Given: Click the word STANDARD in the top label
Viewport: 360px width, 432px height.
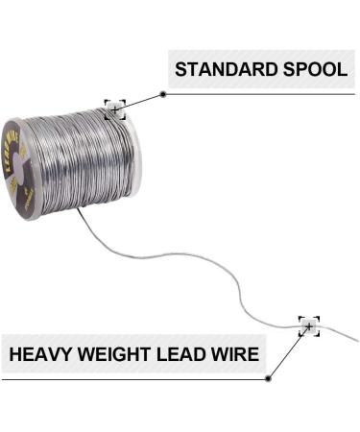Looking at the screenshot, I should pyautogui.click(x=219, y=70).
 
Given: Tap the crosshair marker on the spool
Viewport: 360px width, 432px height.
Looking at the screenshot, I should pyautogui.click(x=115, y=109).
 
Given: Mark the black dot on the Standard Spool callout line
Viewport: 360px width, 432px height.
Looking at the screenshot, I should pyautogui.click(x=163, y=94).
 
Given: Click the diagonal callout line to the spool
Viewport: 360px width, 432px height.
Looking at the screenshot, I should pyautogui.click(x=140, y=101).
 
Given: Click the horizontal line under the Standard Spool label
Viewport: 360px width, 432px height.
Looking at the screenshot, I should pyautogui.click(x=259, y=94).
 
